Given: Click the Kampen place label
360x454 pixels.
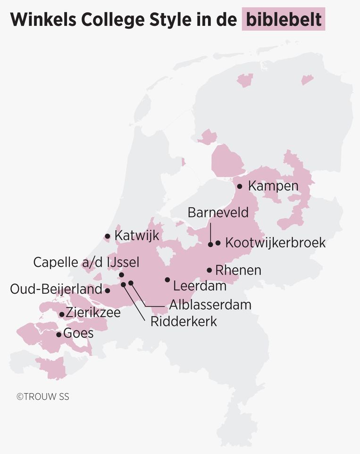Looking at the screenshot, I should (273, 186).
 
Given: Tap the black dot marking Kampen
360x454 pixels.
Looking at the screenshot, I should (240, 186).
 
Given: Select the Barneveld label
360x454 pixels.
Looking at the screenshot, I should (218, 212).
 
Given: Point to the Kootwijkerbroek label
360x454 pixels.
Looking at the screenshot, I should (276, 243).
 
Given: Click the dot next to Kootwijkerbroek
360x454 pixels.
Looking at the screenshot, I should (218, 243).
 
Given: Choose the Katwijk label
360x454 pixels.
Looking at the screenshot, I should (137, 236).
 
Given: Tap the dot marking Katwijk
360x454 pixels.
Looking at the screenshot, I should (108, 236).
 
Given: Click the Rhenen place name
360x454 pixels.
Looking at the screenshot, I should (238, 270).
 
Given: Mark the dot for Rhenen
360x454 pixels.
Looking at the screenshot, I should (209, 270).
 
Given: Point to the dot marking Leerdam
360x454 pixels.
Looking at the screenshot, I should (167, 280).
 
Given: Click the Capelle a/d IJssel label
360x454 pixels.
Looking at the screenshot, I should (86, 262).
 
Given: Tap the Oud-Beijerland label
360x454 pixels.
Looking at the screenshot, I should (56, 289).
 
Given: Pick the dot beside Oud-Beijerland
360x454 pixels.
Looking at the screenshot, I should (108, 290).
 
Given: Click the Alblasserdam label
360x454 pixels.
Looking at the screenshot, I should (210, 304).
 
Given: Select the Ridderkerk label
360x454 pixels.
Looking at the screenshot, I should (184, 322).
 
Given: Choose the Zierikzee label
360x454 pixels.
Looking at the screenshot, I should (93, 313).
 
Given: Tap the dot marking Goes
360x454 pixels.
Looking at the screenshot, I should (59, 335).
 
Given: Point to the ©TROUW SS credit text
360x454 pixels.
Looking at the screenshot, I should (43, 396).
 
